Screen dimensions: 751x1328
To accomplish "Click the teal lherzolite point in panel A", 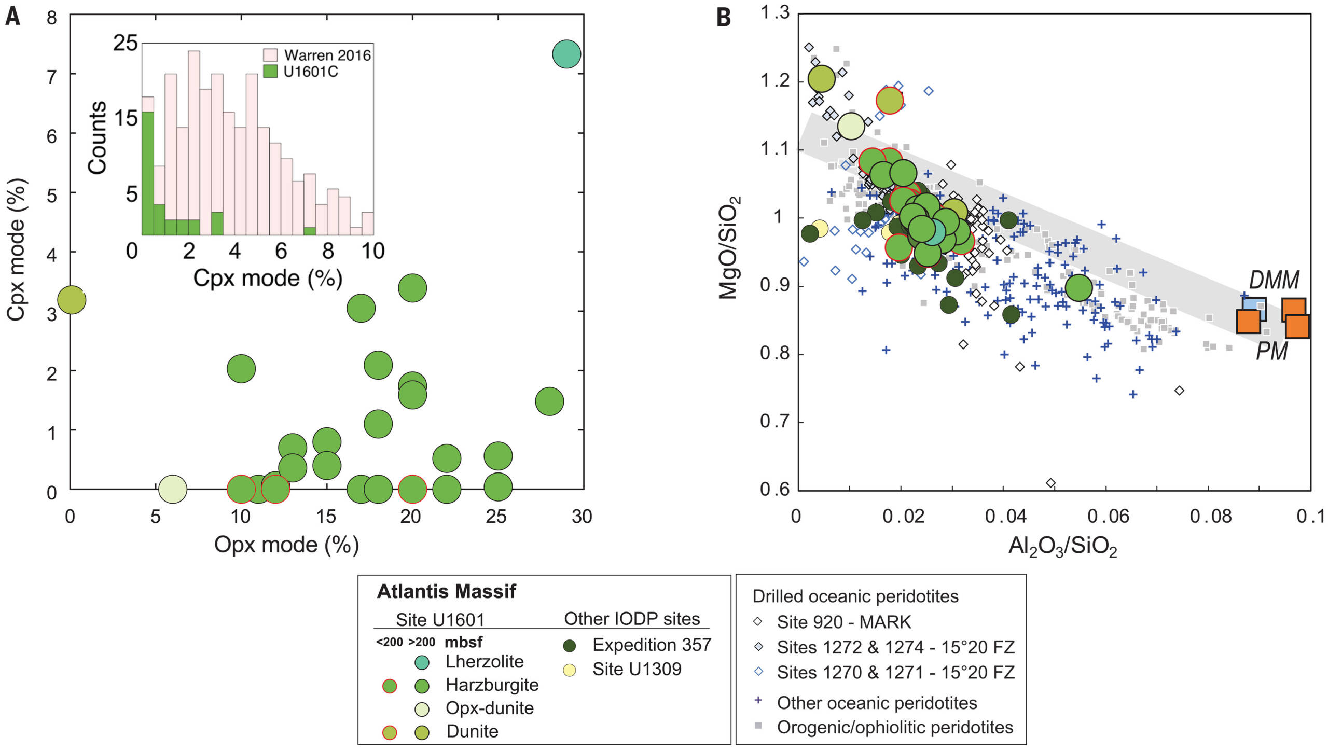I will coord(566,53).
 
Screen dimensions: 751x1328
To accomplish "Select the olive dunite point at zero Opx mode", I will coord(72,299).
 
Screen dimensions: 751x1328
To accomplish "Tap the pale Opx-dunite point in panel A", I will coord(172,488).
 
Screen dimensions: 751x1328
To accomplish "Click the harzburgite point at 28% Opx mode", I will coord(549,401).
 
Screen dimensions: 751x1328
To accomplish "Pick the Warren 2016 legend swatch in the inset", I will coord(271,55).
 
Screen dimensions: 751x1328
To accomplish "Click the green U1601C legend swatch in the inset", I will coord(271,72).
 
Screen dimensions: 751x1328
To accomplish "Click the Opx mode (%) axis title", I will coord(286,545).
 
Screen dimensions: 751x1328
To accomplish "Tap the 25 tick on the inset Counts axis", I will coord(126,43).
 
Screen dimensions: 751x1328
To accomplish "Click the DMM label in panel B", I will coord(1274,280).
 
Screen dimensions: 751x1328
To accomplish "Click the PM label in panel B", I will coord(1271,352).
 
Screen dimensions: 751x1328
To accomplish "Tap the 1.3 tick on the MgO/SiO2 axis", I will coord(775,12).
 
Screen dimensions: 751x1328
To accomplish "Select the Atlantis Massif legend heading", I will coord(446,591).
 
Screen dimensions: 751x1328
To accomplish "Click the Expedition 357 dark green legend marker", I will coord(570,646).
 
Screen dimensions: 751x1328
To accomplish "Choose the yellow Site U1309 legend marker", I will coord(570,670).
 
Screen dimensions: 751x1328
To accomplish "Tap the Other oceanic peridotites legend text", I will coord(877,703).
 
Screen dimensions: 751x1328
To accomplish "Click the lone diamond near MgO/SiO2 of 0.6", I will coord(1051,483).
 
